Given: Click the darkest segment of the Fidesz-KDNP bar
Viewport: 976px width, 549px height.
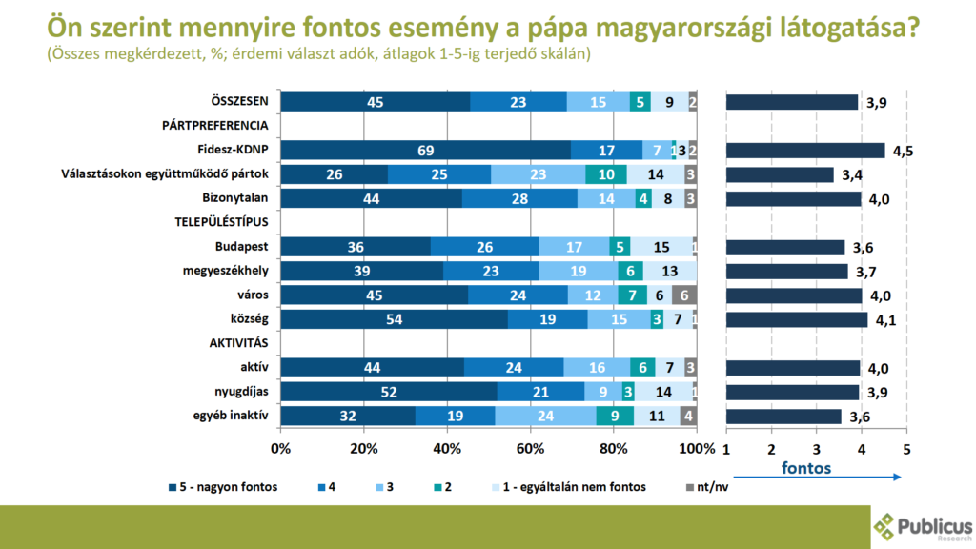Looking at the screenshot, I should click(426, 150).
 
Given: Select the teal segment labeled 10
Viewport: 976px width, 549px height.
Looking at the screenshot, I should click(606, 173).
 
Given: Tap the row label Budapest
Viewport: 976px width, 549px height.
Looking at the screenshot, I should click(241, 246).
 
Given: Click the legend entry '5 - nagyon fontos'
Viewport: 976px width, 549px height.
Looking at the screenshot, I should click(225, 487).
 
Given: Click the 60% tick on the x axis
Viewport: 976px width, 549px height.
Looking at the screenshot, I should click(530, 449).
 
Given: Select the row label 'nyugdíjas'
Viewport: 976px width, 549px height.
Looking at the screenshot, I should click(239, 391).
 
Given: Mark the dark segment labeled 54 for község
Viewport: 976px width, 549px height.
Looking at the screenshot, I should click(395, 319).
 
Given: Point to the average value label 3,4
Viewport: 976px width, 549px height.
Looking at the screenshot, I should click(851, 174).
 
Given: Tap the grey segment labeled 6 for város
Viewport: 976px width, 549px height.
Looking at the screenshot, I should click(684, 295).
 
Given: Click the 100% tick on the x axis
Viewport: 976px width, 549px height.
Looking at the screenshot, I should click(697, 449).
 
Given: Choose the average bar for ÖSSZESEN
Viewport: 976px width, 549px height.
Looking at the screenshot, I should click(792, 102).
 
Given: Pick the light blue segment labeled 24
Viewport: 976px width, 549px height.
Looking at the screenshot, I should click(545, 416).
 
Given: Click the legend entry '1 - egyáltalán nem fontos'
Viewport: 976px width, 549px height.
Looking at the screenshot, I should click(583, 487).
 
